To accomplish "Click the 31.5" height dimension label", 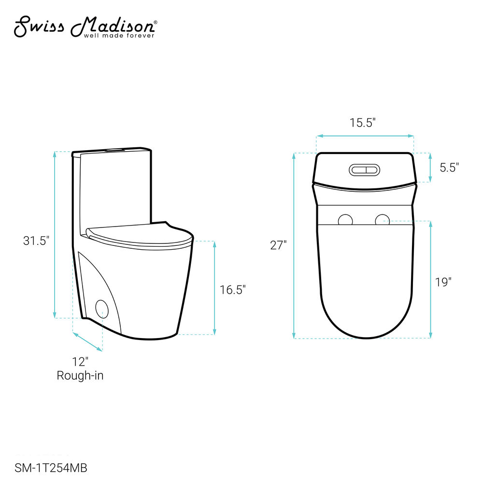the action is tap(36, 241).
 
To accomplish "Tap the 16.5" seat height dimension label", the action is tap(233, 289).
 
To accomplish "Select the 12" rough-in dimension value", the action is tap(80, 362).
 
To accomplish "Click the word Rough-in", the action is tap(80, 375).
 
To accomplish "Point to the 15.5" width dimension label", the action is tap(363, 123).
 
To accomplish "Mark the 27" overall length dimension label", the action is tap(279, 245).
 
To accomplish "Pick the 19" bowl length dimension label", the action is tap(443, 282).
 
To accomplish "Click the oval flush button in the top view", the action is tap(364, 170).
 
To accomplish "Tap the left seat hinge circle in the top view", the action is tap(345, 221).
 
